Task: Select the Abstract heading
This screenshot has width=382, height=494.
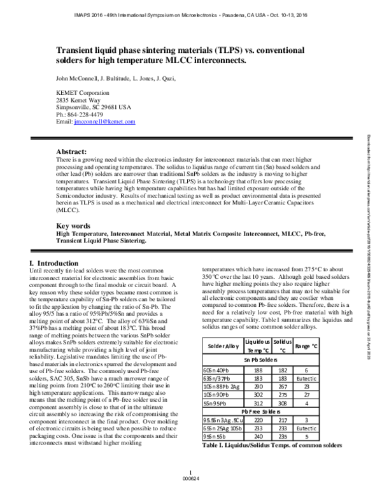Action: coord(71,152)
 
